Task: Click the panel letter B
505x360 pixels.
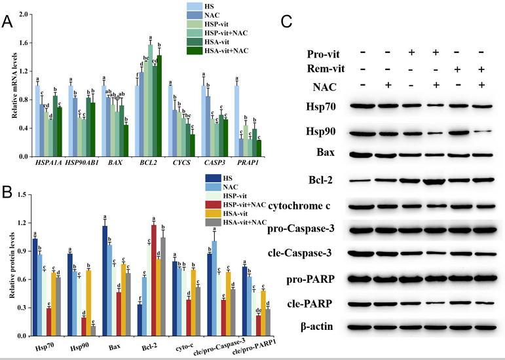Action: click(7, 194)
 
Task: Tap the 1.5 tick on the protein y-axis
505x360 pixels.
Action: click(21, 194)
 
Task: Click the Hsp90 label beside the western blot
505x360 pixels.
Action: click(322, 132)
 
